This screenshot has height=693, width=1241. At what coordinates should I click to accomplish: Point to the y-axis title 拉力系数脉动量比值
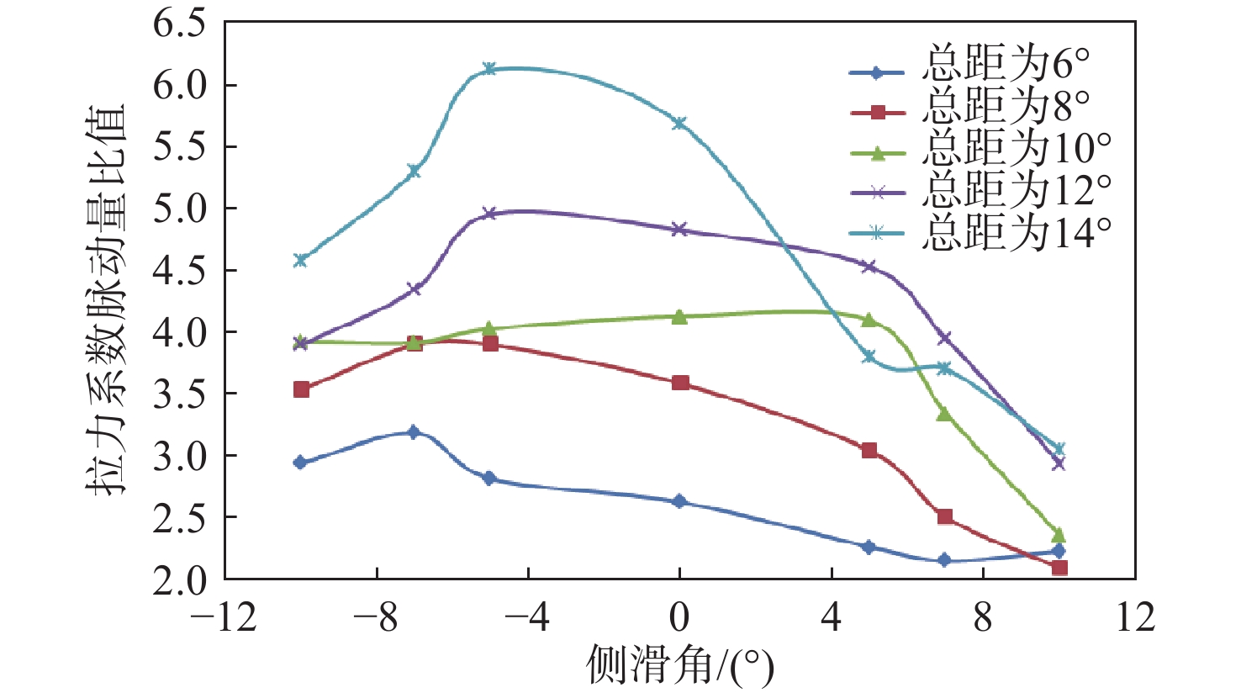tap(106, 300)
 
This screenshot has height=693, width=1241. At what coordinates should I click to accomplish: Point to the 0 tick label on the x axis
tap(679, 618)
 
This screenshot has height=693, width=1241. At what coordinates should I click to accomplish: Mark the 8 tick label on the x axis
tap(983, 618)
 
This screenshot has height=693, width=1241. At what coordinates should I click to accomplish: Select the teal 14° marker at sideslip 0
tap(679, 123)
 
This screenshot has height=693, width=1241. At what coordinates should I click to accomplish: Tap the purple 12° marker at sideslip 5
tap(869, 267)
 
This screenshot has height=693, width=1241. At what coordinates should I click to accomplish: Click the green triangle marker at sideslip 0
tap(679, 316)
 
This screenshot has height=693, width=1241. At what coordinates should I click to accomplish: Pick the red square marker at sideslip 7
tap(945, 516)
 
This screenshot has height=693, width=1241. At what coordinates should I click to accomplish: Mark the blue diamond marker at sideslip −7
tap(413, 432)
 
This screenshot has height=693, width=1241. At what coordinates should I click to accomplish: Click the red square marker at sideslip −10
tap(301, 389)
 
